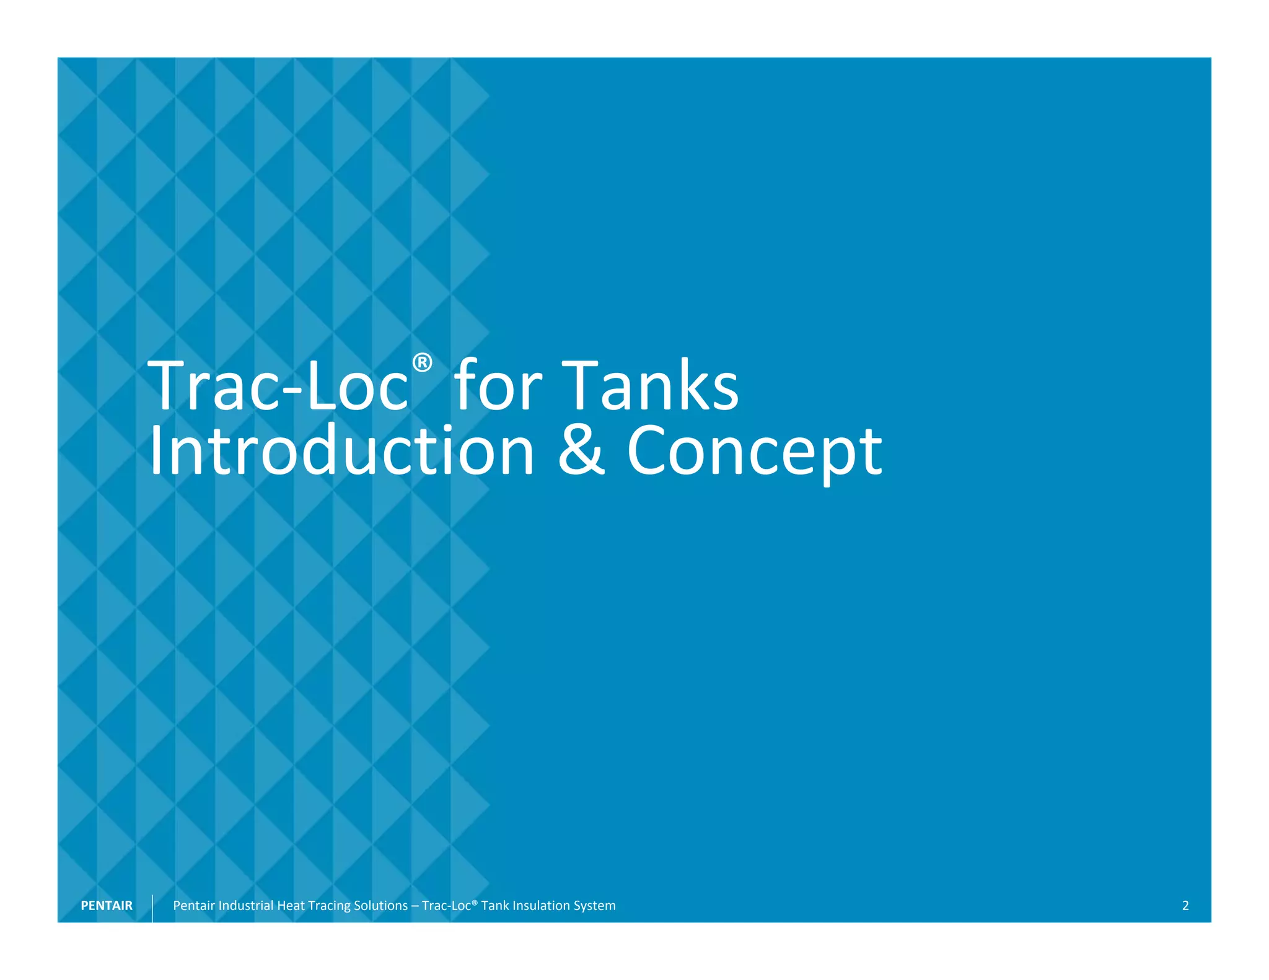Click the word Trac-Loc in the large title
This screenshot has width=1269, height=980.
(278, 387)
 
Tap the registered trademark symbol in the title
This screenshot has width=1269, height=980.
(422, 362)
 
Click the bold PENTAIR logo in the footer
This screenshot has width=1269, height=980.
(107, 906)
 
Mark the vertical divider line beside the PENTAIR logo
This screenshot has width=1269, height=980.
(152, 908)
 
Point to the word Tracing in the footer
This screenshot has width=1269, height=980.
(329, 906)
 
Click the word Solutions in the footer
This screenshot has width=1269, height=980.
(380, 906)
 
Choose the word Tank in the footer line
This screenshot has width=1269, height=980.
(495, 906)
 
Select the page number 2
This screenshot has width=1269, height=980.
(1185, 906)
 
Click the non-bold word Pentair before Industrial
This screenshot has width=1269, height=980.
(194, 906)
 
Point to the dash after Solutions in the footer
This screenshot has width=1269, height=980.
(415, 906)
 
